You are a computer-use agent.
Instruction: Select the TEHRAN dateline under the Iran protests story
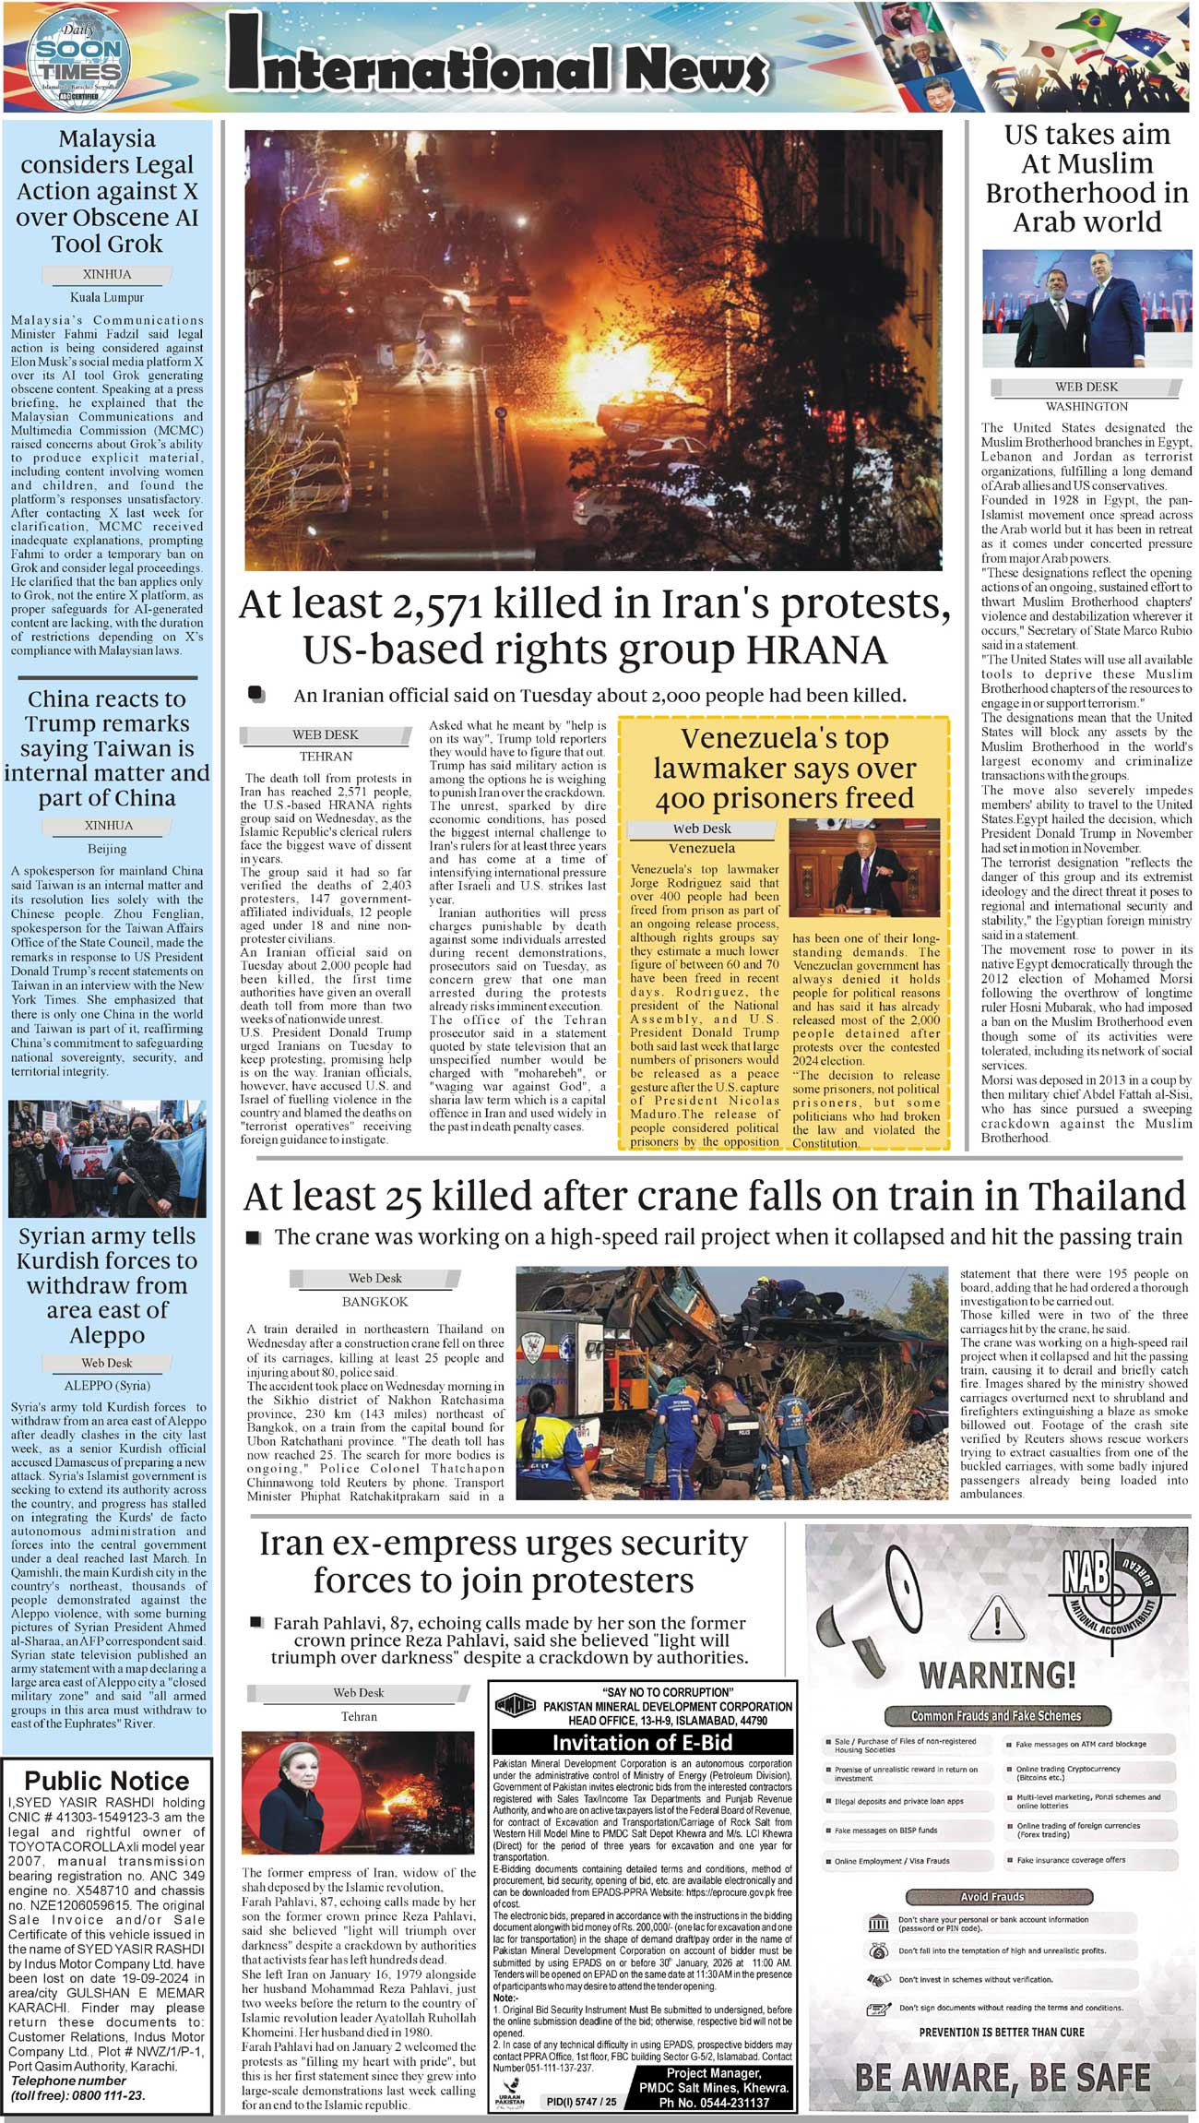tap(326, 756)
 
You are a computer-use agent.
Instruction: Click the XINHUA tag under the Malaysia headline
tap(107, 275)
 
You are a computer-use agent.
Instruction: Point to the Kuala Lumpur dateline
tap(107, 298)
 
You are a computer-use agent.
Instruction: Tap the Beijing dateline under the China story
tap(107, 848)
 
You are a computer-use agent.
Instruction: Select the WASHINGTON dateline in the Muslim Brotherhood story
tap(1086, 406)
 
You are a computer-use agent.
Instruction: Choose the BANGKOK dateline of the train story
tap(374, 1301)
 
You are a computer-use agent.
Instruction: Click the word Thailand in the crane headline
tap(1107, 1197)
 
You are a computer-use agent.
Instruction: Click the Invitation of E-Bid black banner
tap(642, 1743)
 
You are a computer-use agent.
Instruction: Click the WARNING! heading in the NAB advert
tap(997, 1674)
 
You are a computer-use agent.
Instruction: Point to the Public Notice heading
tap(107, 1781)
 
